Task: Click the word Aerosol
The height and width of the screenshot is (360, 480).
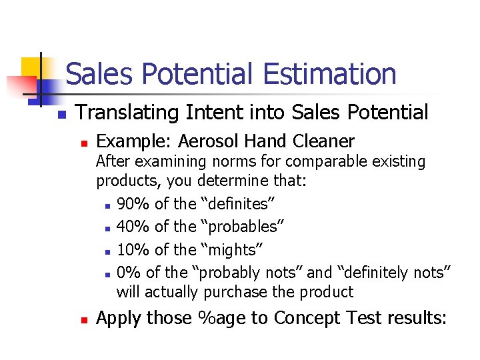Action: coord(208,141)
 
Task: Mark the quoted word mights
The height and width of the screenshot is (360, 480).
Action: coord(231,250)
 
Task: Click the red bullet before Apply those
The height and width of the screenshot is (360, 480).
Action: coord(83,321)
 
